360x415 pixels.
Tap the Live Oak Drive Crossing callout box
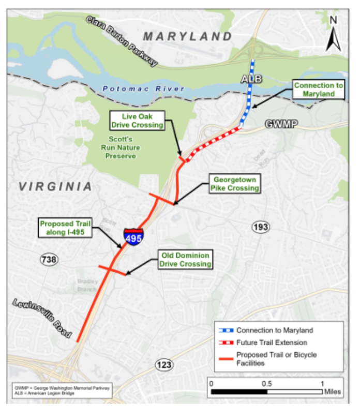coord(137,120)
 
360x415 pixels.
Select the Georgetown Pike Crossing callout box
coord(234,184)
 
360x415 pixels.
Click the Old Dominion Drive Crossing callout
coord(185,260)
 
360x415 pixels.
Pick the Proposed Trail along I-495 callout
coord(65,228)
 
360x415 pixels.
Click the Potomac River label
coord(143,89)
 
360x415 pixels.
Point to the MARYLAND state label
coord(187,37)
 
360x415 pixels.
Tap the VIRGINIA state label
coord(56,187)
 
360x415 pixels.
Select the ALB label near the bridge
coord(252,79)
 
